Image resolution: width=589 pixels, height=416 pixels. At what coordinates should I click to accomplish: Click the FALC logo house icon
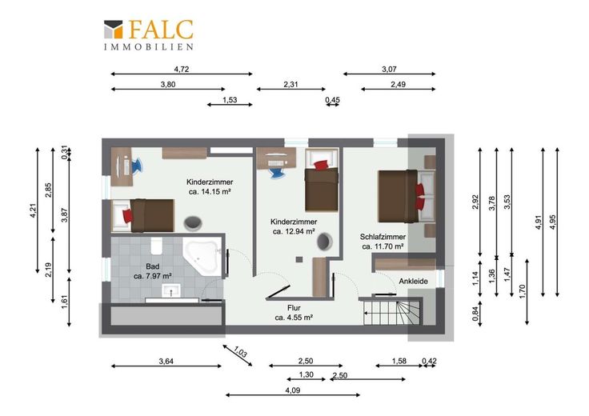coord(114,30)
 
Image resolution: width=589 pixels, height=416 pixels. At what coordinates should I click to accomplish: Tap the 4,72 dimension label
coord(182,69)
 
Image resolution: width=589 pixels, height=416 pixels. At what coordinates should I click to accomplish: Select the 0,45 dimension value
coord(332,100)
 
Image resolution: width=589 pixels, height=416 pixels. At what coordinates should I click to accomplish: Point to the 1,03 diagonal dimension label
coord(240,352)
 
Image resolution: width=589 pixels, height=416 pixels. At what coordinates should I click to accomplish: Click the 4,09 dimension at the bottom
coord(293,390)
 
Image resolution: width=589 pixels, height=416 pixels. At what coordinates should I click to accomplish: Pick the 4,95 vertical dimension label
coord(552,222)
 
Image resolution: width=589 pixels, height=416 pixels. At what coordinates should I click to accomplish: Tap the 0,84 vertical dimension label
coord(475,314)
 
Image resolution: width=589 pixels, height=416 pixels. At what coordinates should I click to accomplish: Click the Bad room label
coord(153,266)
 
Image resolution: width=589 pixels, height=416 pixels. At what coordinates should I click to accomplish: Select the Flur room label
coord(294,308)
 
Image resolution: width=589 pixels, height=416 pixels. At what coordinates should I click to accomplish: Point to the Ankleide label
coord(413,282)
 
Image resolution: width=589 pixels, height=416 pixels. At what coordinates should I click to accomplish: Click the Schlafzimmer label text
coord(383,237)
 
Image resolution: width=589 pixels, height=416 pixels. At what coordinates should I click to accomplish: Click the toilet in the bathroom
coord(156,245)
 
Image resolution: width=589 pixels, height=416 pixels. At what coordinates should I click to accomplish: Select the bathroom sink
coord(171,290)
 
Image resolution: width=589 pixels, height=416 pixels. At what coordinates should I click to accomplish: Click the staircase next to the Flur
coord(391,312)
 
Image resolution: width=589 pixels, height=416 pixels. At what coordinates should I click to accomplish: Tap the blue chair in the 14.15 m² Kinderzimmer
coord(134,165)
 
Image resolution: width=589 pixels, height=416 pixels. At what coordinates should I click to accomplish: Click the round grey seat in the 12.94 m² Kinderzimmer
coord(324,242)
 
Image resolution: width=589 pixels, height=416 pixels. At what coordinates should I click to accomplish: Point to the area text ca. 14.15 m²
coord(210,191)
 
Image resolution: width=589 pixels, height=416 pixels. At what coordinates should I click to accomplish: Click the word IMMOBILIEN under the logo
coord(149,47)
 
